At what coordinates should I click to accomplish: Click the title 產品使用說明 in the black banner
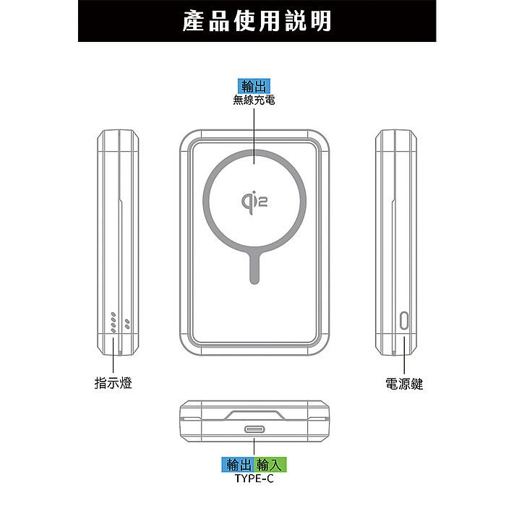(x=257, y=21)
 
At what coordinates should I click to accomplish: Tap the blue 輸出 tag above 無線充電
(x=254, y=86)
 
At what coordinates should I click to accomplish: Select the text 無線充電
(x=254, y=100)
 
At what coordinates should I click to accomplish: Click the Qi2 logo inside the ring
(x=254, y=202)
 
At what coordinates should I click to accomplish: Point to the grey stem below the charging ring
(x=254, y=267)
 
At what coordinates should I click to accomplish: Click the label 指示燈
(x=113, y=383)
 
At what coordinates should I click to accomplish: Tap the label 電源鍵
(x=404, y=384)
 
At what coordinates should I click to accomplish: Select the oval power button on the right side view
(x=404, y=320)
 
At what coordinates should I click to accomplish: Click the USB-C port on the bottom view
(x=254, y=429)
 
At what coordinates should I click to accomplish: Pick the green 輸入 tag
(x=270, y=465)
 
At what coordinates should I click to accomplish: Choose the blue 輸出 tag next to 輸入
(x=238, y=465)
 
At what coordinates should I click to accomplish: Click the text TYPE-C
(x=254, y=479)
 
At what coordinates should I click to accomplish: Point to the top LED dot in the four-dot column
(x=113, y=314)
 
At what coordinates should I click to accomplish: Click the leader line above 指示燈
(x=113, y=355)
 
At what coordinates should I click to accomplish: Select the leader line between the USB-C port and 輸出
(x=254, y=447)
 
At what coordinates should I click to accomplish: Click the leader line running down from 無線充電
(x=254, y=136)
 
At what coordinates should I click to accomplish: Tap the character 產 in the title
(x=194, y=21)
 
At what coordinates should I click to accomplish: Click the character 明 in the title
(x=321, y=21)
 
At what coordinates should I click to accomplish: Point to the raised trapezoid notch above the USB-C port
(x=254, y=416)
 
